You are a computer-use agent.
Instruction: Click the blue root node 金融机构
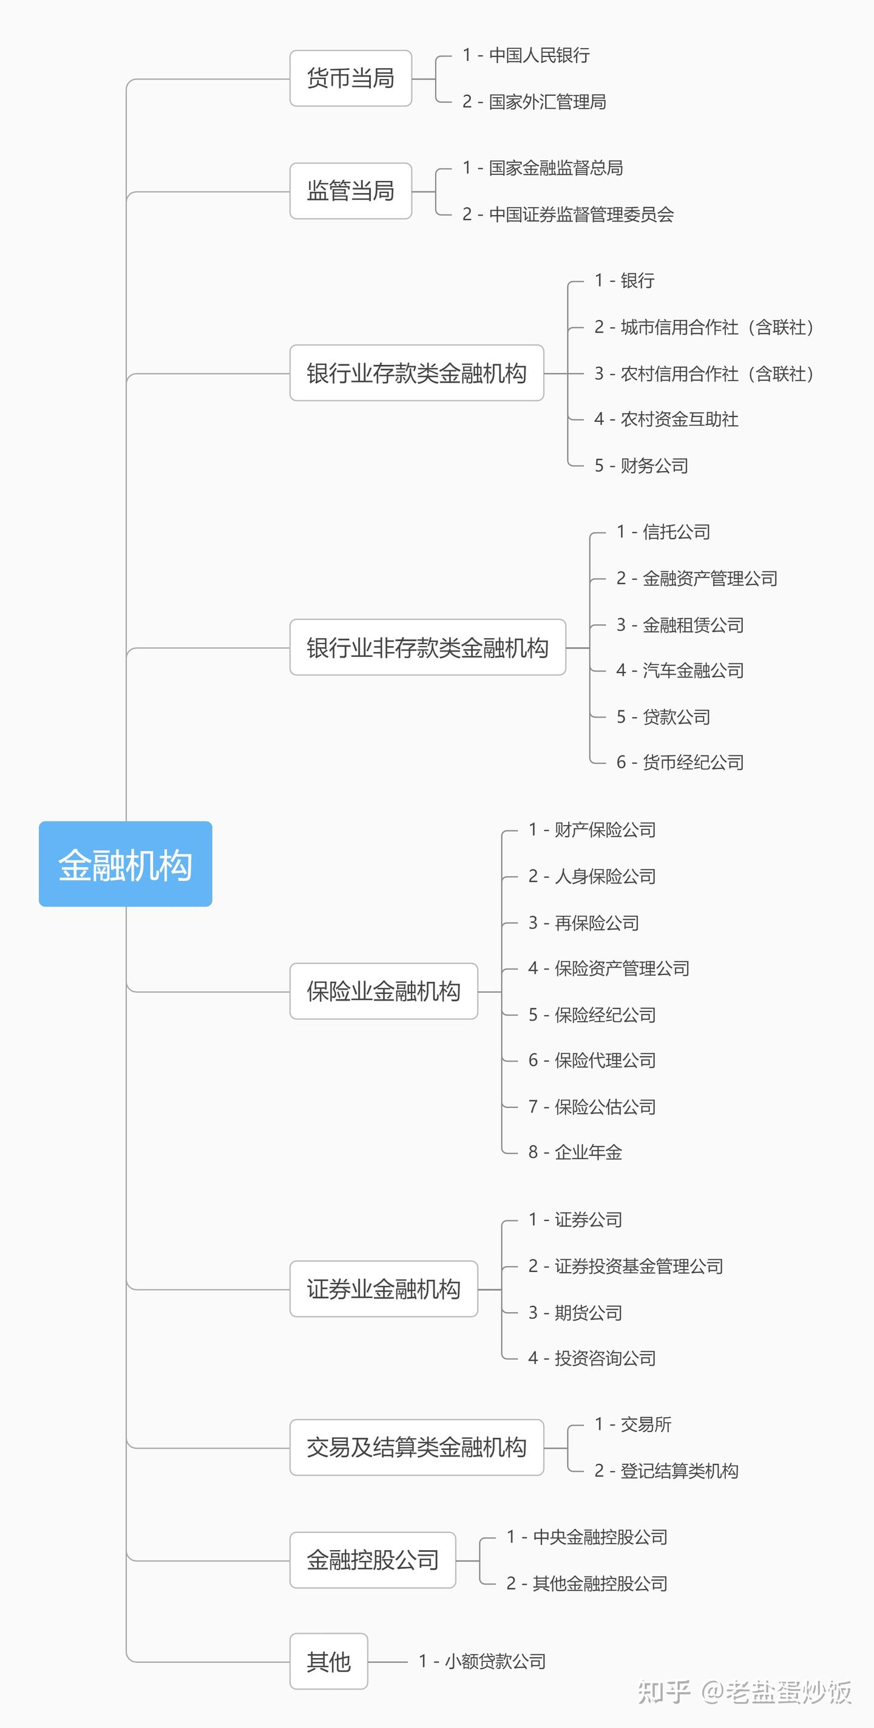pyautogui.click(x=126, y=864)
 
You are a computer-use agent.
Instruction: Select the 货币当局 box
pyautogui.click(x=350, y=78)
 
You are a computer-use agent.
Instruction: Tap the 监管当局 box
pyautogui.click(x=350, y=191)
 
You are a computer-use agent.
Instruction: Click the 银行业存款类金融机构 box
pyautogui.click(x=416, y=373)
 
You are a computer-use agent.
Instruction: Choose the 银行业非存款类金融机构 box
pyautogui.click(x=427, y=647)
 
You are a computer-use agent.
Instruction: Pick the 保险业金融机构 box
pyautogui.click(x=383, y=991)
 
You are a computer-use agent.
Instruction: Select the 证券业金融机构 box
pyautogui.click(x=383, y=1288)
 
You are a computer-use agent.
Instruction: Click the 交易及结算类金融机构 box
pyautogui.click(x=416, y=1447)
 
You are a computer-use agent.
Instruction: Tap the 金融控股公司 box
pyautogui.click(x=372, y=1560)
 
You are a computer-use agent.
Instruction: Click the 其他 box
pyautogui.click(x=329, y=1662)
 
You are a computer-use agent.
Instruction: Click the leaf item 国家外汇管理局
pyautogui.click(x=547, y=102)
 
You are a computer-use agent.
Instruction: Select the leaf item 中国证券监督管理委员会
pyautogui.click(x=581, y=215)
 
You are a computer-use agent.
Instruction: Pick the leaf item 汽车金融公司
pyautogui.click(x=693, y=671)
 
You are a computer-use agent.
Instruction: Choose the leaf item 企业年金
pyautogui.click(x=588, y=1152)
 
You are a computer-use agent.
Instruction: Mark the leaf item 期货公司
pyautogui.click(x=588, y=1313)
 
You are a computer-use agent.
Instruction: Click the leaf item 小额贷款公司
pyautogui.click(x=495, y=1662)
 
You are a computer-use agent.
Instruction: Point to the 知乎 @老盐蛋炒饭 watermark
pyautogui.click(x=745, y=1692)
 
